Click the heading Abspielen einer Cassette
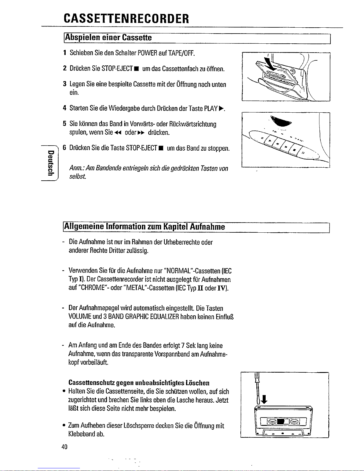tap(109, 38)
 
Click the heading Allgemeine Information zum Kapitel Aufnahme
tap(145, 227)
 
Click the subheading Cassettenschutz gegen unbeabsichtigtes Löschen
tap(139, 383)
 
